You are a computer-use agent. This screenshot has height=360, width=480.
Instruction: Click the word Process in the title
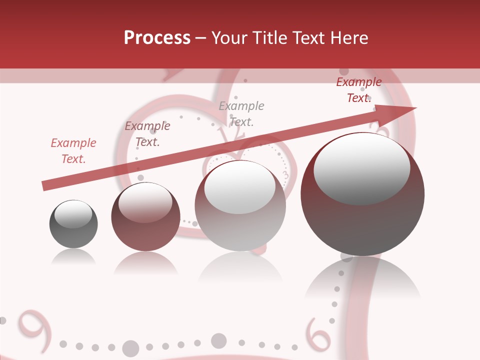click(157, 38)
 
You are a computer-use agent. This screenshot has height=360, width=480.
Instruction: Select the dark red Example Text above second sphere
click(147, 134)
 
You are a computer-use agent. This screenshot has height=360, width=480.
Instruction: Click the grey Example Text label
click(241, 113)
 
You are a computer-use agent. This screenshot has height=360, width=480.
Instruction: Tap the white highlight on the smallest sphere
click(73, 214)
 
